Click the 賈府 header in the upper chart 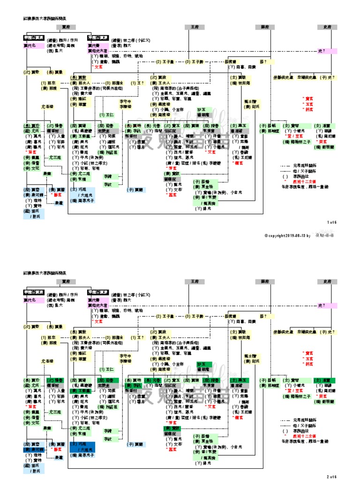(x=66, y=27)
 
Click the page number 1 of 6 (x=332, y=222)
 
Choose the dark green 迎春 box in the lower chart (x=105, y=380)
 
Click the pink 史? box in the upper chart (x=327, y=50)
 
